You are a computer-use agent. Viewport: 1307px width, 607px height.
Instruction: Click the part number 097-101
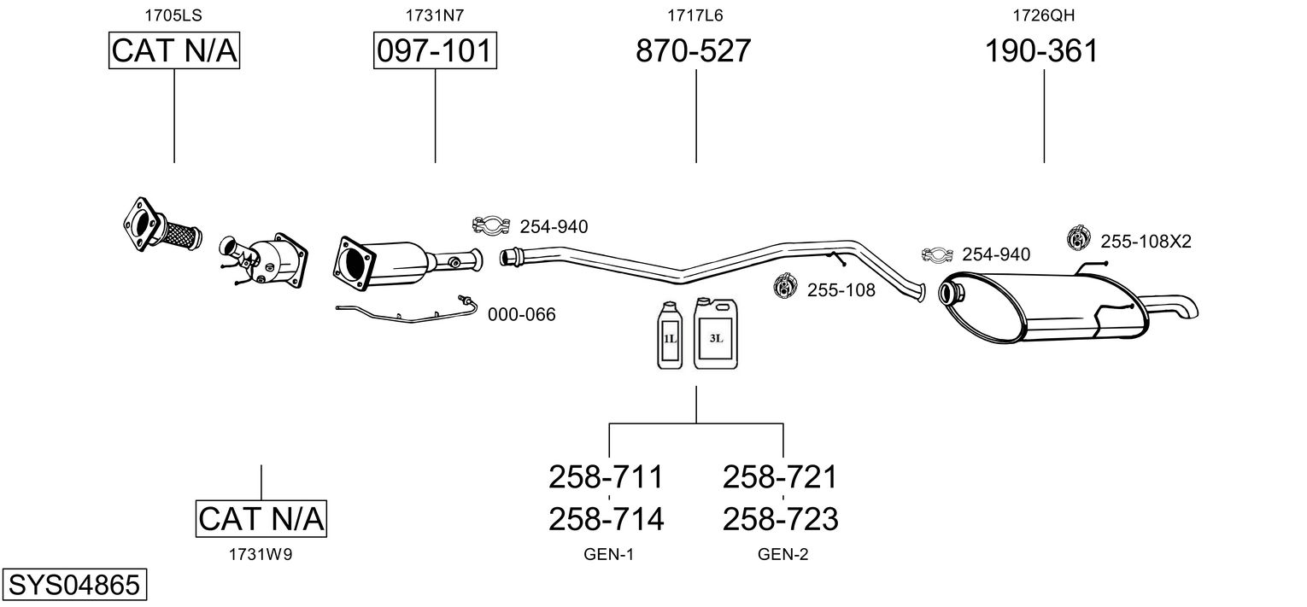click(x=435, y=50)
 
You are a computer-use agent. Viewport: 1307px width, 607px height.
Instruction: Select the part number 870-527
click(x=693, y=50)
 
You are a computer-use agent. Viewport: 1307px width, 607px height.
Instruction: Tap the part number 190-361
click(x=1041, y=50)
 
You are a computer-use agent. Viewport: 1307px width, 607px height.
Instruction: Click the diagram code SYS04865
click(x=74, y=584)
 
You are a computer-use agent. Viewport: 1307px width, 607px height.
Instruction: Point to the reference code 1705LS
click(x=173, y=15)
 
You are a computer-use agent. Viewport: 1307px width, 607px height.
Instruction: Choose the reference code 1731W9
click(x=261, y=555)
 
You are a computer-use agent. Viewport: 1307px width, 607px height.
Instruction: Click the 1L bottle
click(x=670, y=336)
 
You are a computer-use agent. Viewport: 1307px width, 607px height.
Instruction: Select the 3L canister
click(x=716, y=333)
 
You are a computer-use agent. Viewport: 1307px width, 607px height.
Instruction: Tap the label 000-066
click(x=522, y=315)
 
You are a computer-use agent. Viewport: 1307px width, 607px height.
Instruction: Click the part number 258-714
click(x=606, y=519)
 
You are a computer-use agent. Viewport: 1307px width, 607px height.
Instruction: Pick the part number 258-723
click(x=780, y=519)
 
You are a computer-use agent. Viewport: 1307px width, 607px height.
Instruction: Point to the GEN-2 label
click(x=783, y=555)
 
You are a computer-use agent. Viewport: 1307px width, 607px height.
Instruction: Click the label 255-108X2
click(x=1146, y=242)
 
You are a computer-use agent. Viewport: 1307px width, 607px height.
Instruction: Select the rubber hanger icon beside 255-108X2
click(x=1078, y=237)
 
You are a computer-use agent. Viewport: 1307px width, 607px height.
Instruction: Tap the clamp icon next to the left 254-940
click(x=490, y=225)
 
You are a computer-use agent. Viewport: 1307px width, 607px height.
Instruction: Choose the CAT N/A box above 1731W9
click(x=261, y=518)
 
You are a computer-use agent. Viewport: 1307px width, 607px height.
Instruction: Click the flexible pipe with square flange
click(x=161, y=225)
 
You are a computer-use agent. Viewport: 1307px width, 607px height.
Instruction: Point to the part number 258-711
click(x=606, y=477)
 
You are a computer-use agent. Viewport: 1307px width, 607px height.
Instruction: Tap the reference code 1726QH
click(x=1043, y=15)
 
